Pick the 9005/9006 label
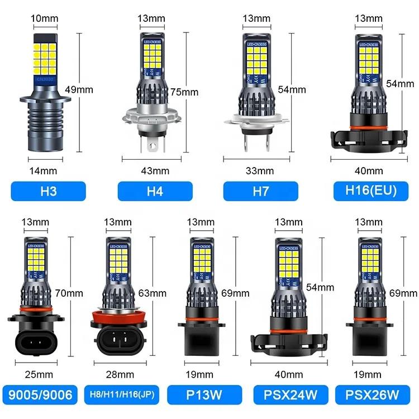40,396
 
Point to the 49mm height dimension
96,89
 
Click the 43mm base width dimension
151,170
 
